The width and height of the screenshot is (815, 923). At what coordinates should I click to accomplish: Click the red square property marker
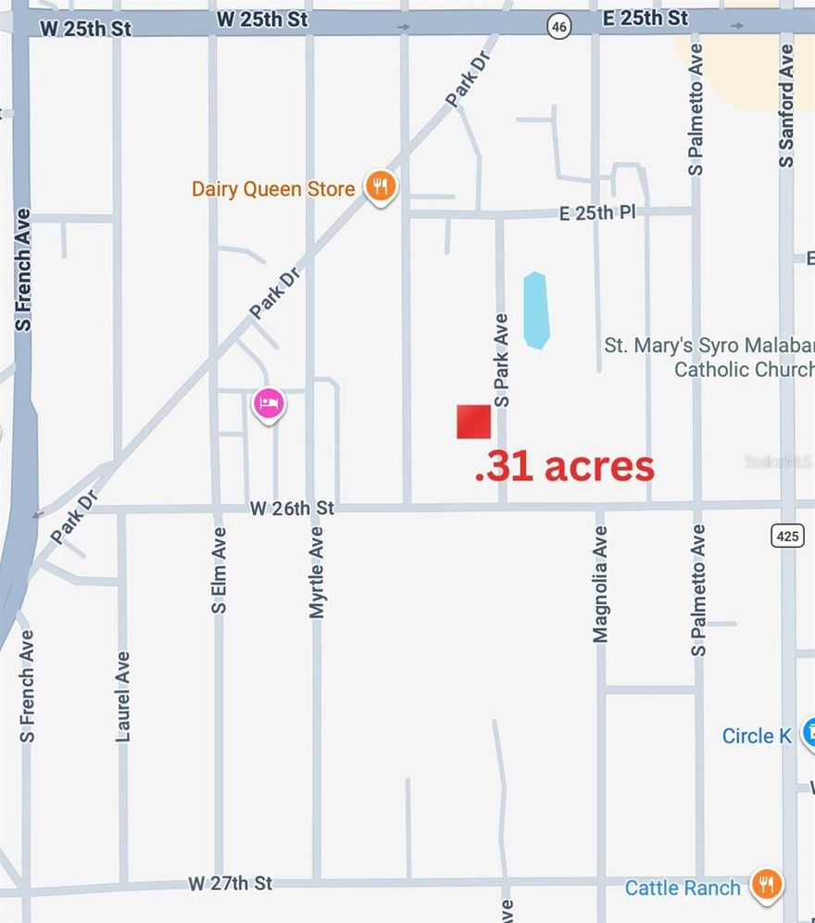pos(473,422)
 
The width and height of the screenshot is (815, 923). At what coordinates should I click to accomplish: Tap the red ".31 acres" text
pos(564,466)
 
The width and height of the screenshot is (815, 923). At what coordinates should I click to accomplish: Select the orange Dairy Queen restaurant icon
pos(379,188)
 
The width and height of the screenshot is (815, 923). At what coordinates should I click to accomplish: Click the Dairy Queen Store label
pos(273,189)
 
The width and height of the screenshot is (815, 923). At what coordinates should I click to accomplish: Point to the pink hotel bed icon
pos(269,404)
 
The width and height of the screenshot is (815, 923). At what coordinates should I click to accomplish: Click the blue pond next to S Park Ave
pos(535,310)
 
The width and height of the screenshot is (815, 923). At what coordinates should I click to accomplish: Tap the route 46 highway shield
pos(558,27)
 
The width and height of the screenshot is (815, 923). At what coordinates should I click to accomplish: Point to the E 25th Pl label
pos(598,213)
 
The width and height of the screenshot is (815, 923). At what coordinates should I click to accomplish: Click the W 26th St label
pos(292,508)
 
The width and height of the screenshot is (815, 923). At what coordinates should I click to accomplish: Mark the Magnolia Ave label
pos(600,584)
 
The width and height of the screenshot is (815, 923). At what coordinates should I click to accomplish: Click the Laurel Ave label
pos(123,696)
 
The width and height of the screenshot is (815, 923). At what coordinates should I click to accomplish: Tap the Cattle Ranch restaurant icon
pos(766,884)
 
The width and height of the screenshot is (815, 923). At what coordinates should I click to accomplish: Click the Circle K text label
pos(757,736)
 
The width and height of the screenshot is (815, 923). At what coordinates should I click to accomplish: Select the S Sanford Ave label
pos(786,106)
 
